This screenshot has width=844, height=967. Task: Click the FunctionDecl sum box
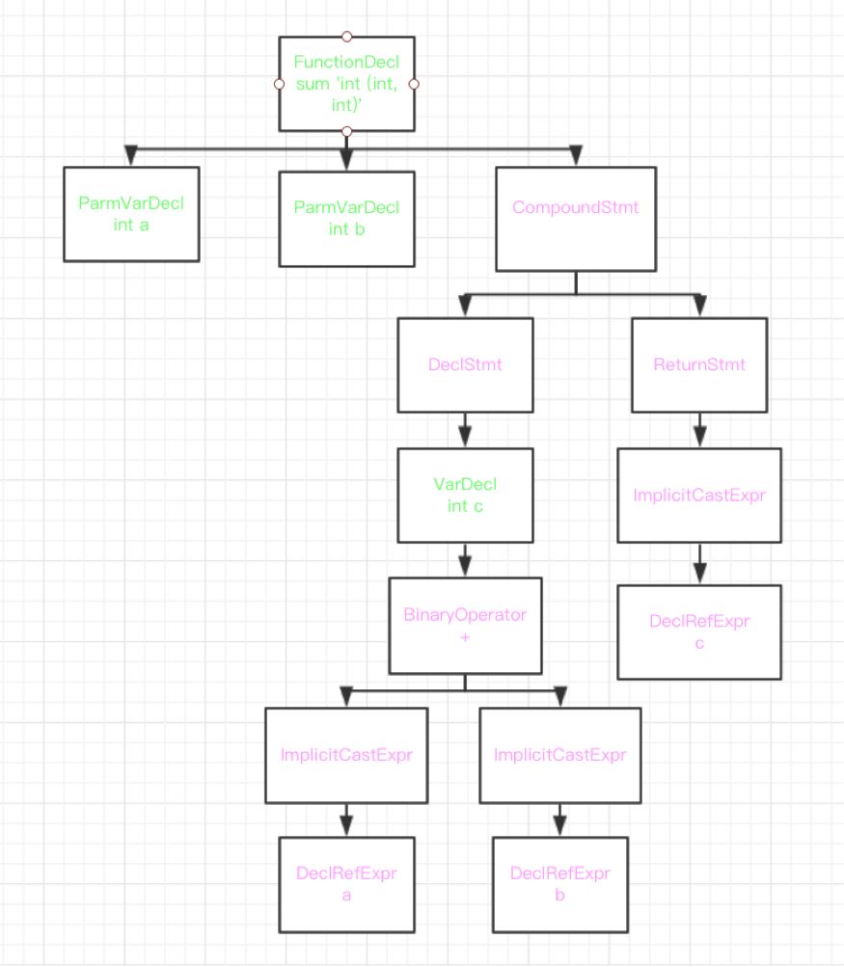pyautogui.click(x=346, y=84)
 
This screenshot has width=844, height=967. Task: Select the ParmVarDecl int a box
pyautogui.click(x=131, y=214)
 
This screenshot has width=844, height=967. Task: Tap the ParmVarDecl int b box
pyautogui.click(x=346, y=218)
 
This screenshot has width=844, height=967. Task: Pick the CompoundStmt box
pyautogui.click(x=575, y=220)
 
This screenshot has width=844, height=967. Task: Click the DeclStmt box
pyautogui.click(x=465, y=365)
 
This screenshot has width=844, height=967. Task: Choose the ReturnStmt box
pyautogui.click(x=699, y=365)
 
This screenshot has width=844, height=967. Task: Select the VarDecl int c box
pyautogui.click(x=466, y=495)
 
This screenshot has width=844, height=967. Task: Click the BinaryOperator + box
pyautogui.click(x=465, y=626)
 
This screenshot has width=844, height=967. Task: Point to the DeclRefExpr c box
pyautogui.click(x=699, y=632)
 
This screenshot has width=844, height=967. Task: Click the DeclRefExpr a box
pyautogui.click(x=346, y=883)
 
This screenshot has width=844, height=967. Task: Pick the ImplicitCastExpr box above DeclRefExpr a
pyautogui.click(x=346, y=755)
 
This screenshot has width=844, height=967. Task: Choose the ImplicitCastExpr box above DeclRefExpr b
pyautogui.click(x=559, y=755)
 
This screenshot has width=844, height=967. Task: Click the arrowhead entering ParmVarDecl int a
pyautogui.click(x=131, y=155)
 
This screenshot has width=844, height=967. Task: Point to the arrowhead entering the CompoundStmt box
pyautogui.click(x=576, y=155)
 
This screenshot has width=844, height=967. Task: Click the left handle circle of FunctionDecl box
pyautogui.click(x=280, y=84)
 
